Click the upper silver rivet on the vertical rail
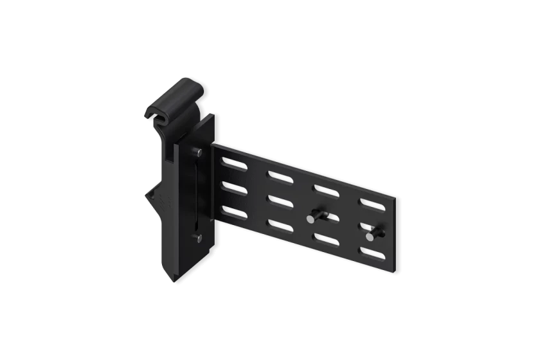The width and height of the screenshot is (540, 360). [x=197, y=152]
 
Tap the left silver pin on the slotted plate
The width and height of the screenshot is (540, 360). [x=310, y=219]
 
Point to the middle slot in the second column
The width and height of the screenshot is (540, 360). [x=279, y=201]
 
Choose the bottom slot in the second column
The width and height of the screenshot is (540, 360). [x=280, y=225]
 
